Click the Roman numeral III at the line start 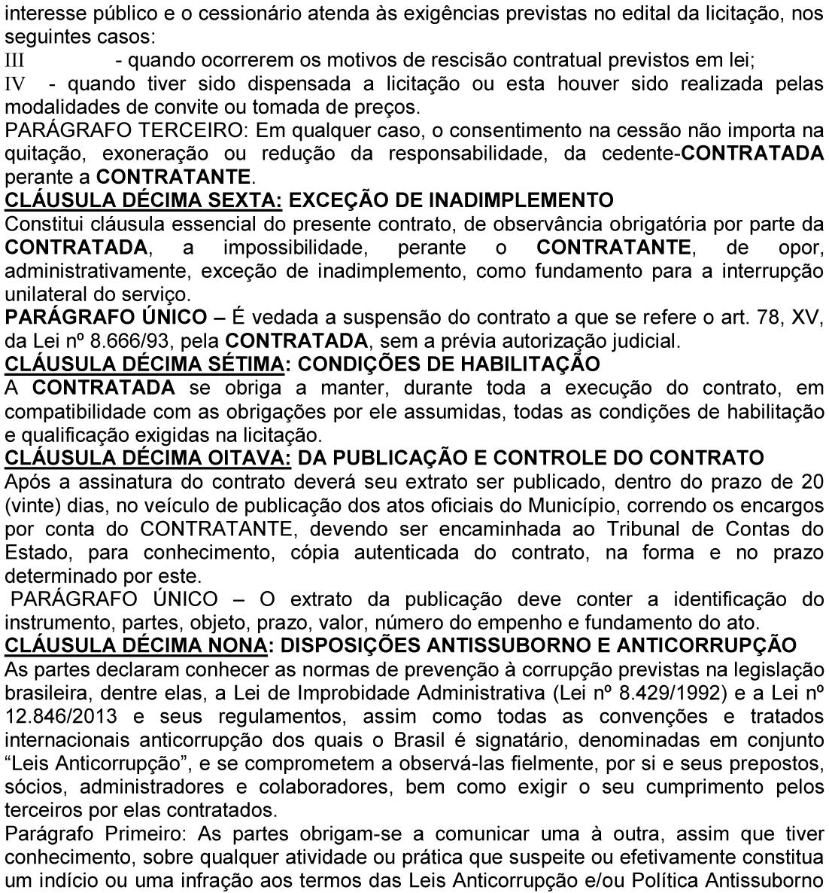[x=15, y=59]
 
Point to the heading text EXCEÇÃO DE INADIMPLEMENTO [x=451, y=200]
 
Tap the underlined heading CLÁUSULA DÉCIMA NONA [x=136, y=645]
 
